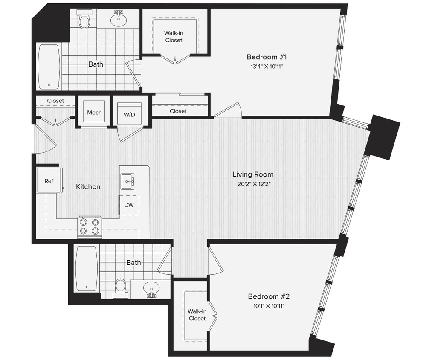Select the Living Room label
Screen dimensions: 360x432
pyautogui.click(x=253, y=174)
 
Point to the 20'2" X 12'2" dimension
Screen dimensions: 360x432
pyautogui.click(x=253, y=184)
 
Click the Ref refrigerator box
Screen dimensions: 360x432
pyautogui.click(x=49, y=180)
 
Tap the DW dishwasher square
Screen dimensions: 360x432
pyautogui.click(x=129, y=205)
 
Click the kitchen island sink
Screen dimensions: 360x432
pyautogui.click(x=127, y=181)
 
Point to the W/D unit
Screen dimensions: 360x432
pyautogui.click(x=129, y=113)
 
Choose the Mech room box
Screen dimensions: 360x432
pyautogui.click(x=94, y=112)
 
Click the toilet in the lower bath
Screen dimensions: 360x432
pyautogui.click(x=121, y=287)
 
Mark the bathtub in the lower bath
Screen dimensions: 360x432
pyautogui.click(x=87, y=268)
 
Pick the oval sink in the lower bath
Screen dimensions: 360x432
pyautogui.click(x=151, y=288)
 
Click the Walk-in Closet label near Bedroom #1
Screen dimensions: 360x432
pyautogui.click(x=174, y=37)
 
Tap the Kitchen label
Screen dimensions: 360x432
pyautogui.click(x=88, y=186)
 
